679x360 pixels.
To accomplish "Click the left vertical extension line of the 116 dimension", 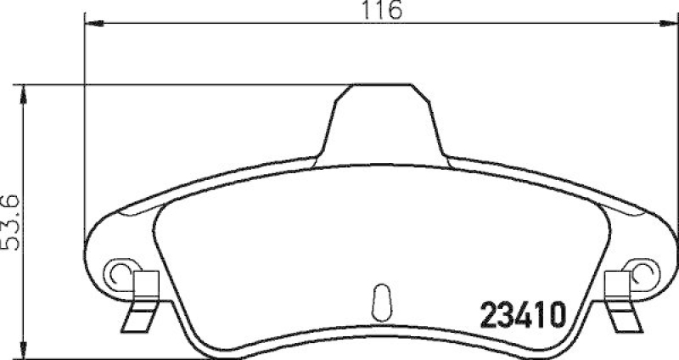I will [85, 127].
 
